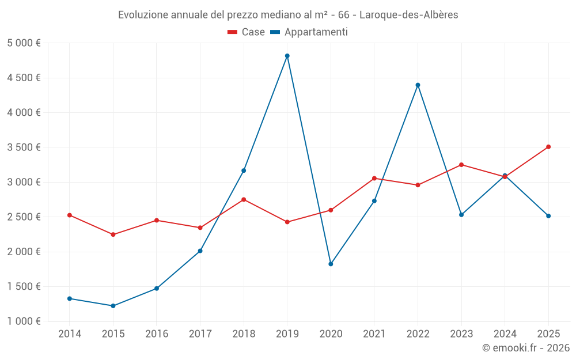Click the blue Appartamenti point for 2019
point(287,56)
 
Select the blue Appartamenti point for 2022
point(418,85)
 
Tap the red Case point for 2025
point(548,147)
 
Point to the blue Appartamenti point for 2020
point(331,264)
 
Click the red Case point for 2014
point(69,215)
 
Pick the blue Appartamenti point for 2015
point(113,306)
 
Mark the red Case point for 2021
point(374,179)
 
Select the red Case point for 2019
point(287,222)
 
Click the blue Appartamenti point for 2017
point(200,251)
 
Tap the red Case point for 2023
point(461,165)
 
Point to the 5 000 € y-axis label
point(24,43)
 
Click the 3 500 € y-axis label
point(24,147)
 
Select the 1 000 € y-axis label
point(24,321)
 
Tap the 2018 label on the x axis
point(244,334)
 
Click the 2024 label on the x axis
point(505,334)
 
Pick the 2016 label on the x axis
point(156,334)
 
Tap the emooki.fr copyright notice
point(526,348)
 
